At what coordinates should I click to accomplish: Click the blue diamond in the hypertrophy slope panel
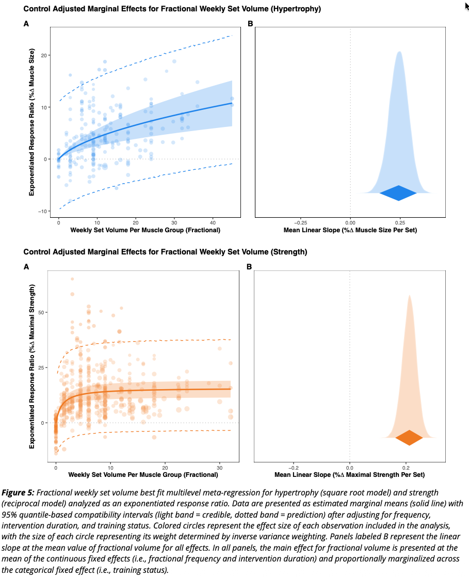click(398, 193)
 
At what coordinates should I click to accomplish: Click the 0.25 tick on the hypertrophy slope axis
click(398, 222)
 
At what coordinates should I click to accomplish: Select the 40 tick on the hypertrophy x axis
click(213, 222)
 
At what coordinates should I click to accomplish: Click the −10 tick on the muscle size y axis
click(43, 211)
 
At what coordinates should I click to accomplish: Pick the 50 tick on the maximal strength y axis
click(44, 312)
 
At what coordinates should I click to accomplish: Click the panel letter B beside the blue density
click(250, 24)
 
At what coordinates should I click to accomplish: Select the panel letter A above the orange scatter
click(26, 267)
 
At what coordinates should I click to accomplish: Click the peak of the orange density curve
click(409, 296)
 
